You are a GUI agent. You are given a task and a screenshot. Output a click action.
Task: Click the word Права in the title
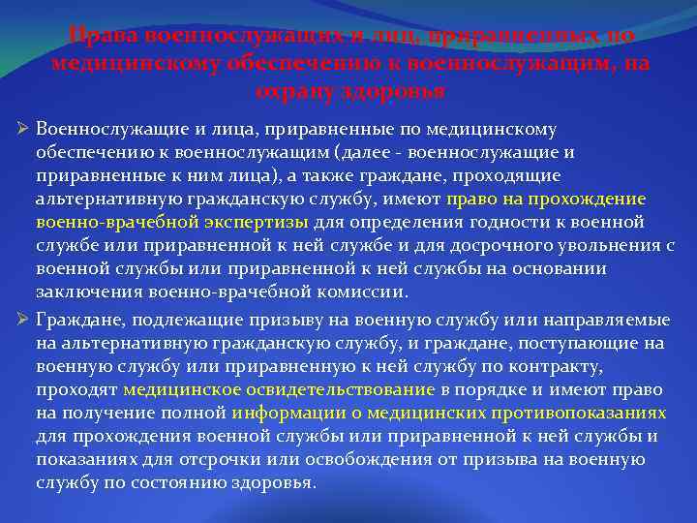105,36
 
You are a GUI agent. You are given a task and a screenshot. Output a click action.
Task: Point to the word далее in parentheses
369,152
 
